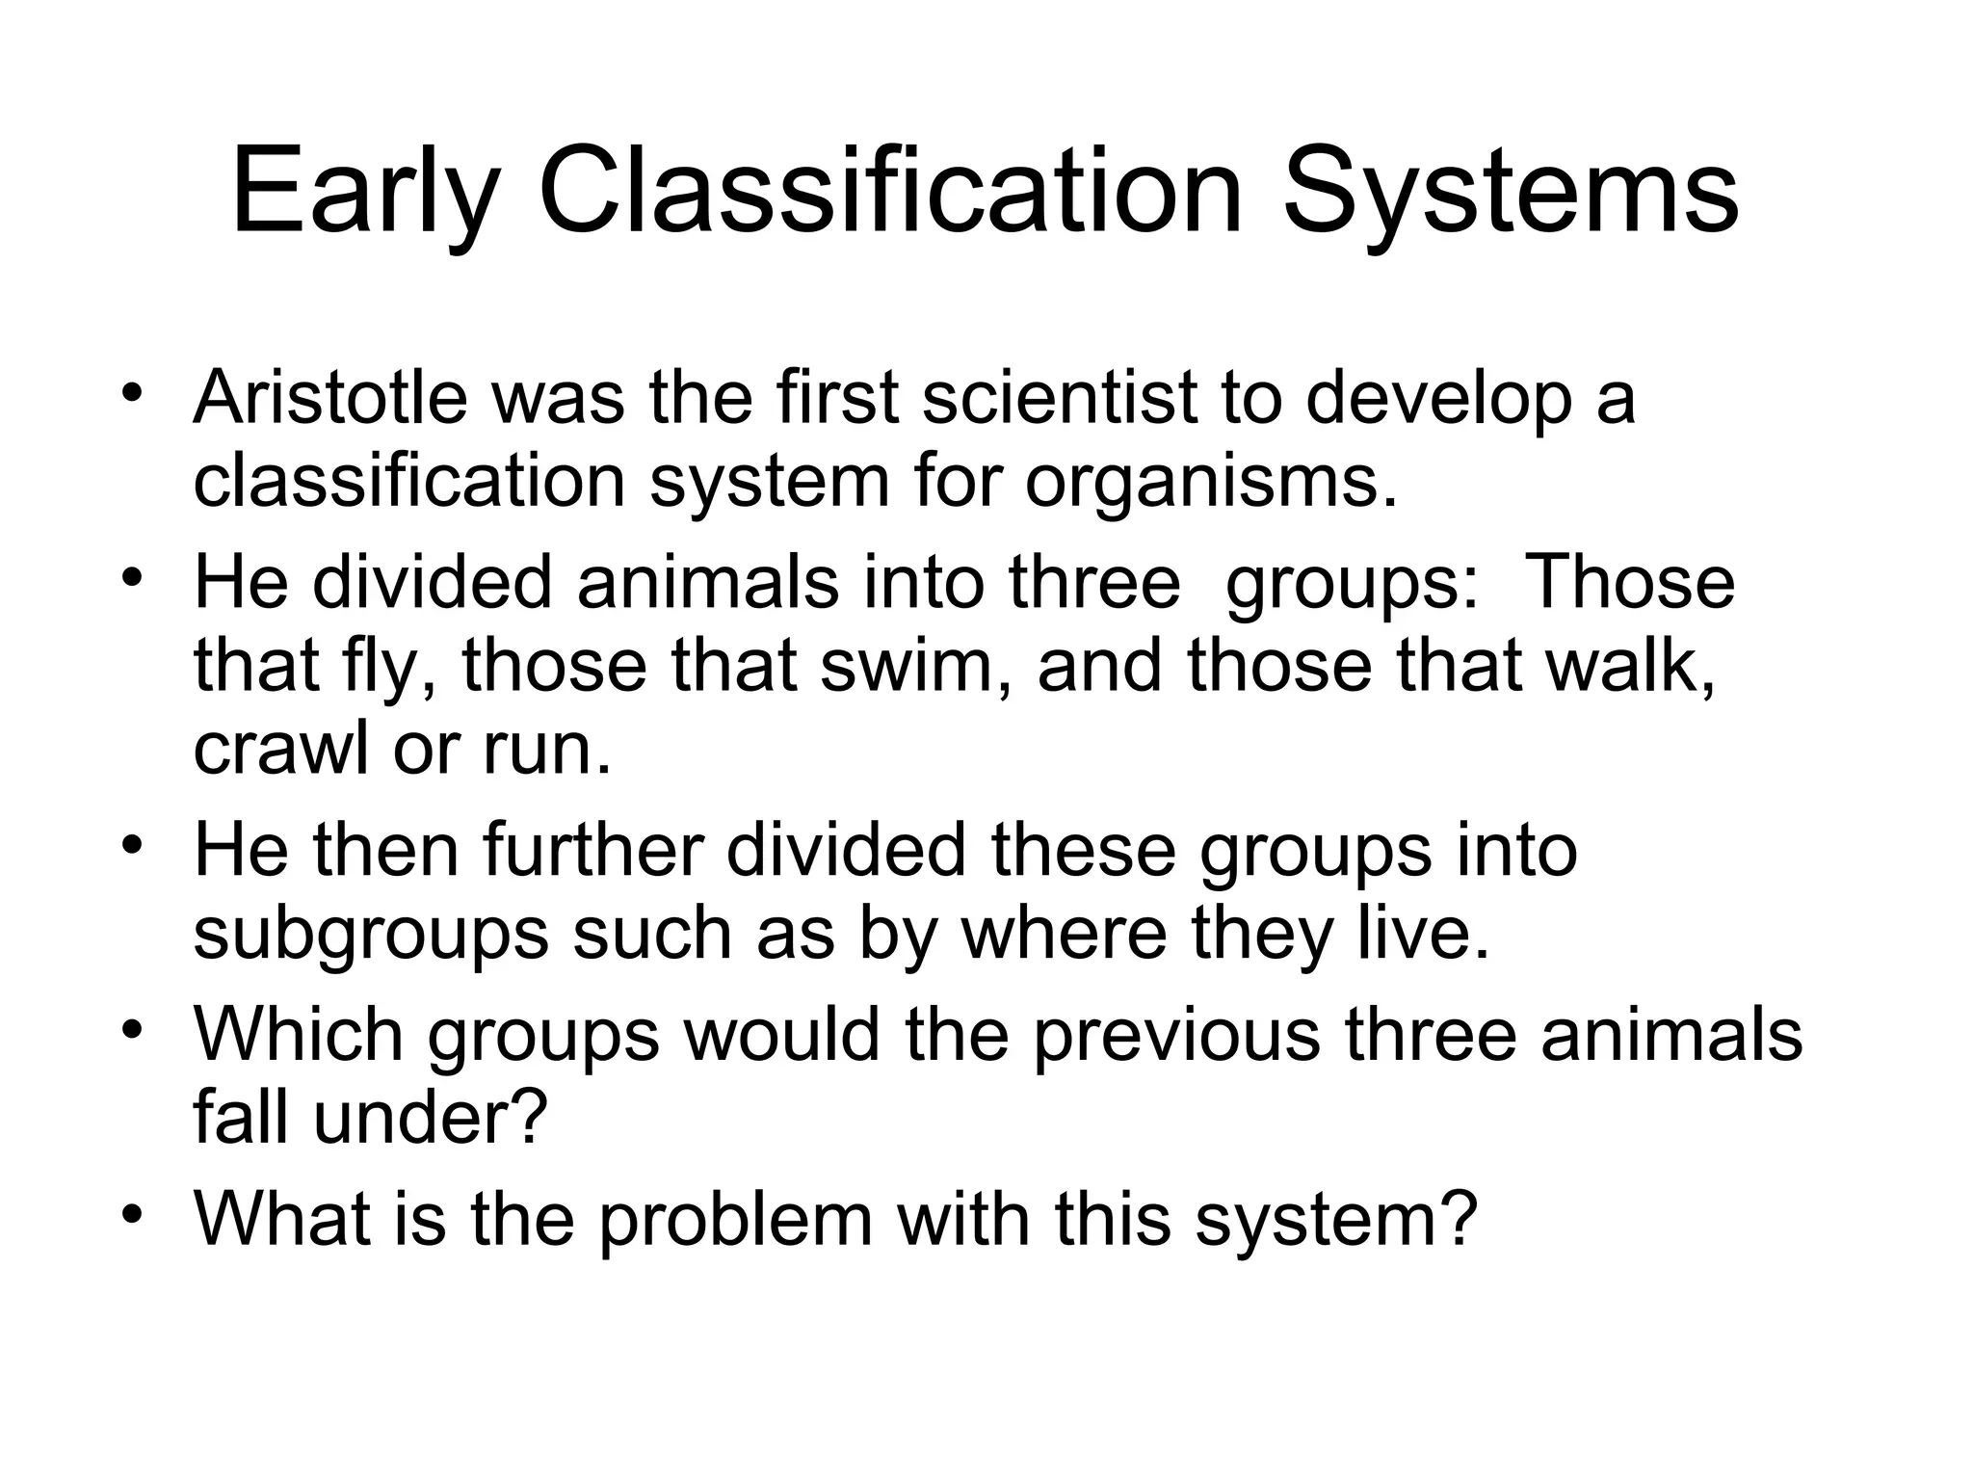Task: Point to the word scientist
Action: tap(1059, 397)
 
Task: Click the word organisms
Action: tap(1210, 481)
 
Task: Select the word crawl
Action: tap(280, 749)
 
